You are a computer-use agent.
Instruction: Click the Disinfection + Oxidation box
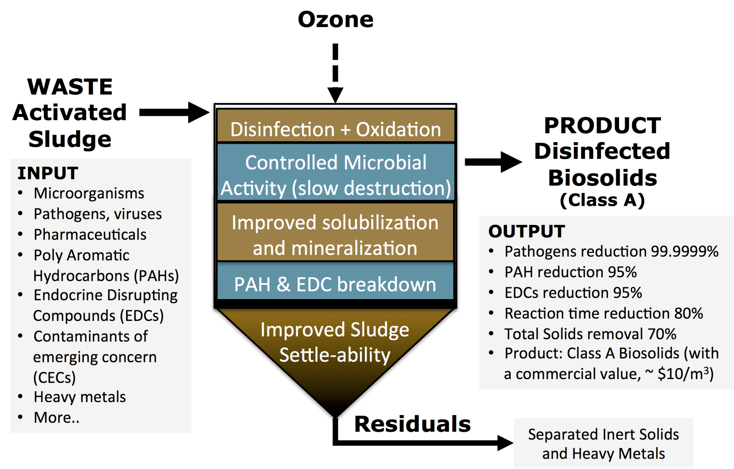click(x=335, y=129)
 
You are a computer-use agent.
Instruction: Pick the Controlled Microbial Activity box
click(x=335, y=175)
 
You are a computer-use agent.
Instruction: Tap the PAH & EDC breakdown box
click(x=335, y=284)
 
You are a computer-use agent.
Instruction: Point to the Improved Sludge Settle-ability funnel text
click(x=335, y=342)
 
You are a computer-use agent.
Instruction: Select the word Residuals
click(x=412, y=424)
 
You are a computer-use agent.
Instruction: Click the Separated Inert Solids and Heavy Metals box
click(x=603, y=444)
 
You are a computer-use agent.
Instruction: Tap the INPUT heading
click(x=48, y=173)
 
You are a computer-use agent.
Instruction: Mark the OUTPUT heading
click(x=526, y=231)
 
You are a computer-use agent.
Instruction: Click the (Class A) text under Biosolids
click(x=602, y=200)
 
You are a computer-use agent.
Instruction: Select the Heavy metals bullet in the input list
click(x=80, y=397)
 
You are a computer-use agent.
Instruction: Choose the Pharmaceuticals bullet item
click(x=90, y=234)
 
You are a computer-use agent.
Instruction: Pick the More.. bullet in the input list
click(x=57, y=417)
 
